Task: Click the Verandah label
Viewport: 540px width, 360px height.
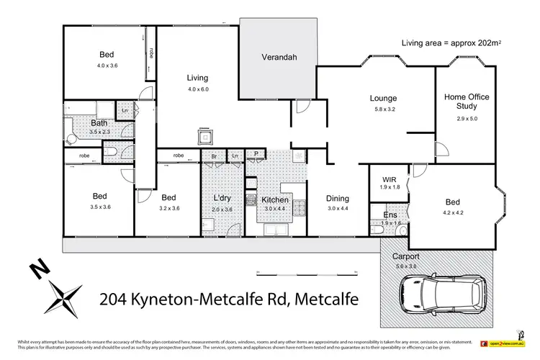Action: click(279, 58)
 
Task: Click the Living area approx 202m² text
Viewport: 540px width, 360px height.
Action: click(451, 44)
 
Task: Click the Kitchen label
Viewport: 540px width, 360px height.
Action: click(275, 199)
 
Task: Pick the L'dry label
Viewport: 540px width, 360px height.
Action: click(222, 198)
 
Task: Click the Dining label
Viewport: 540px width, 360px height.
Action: click(337, 199)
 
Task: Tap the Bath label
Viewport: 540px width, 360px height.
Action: click(99, 122)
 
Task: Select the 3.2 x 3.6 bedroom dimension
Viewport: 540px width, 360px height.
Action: click(169, 208)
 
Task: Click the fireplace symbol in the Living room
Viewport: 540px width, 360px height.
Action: click(205, 138)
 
